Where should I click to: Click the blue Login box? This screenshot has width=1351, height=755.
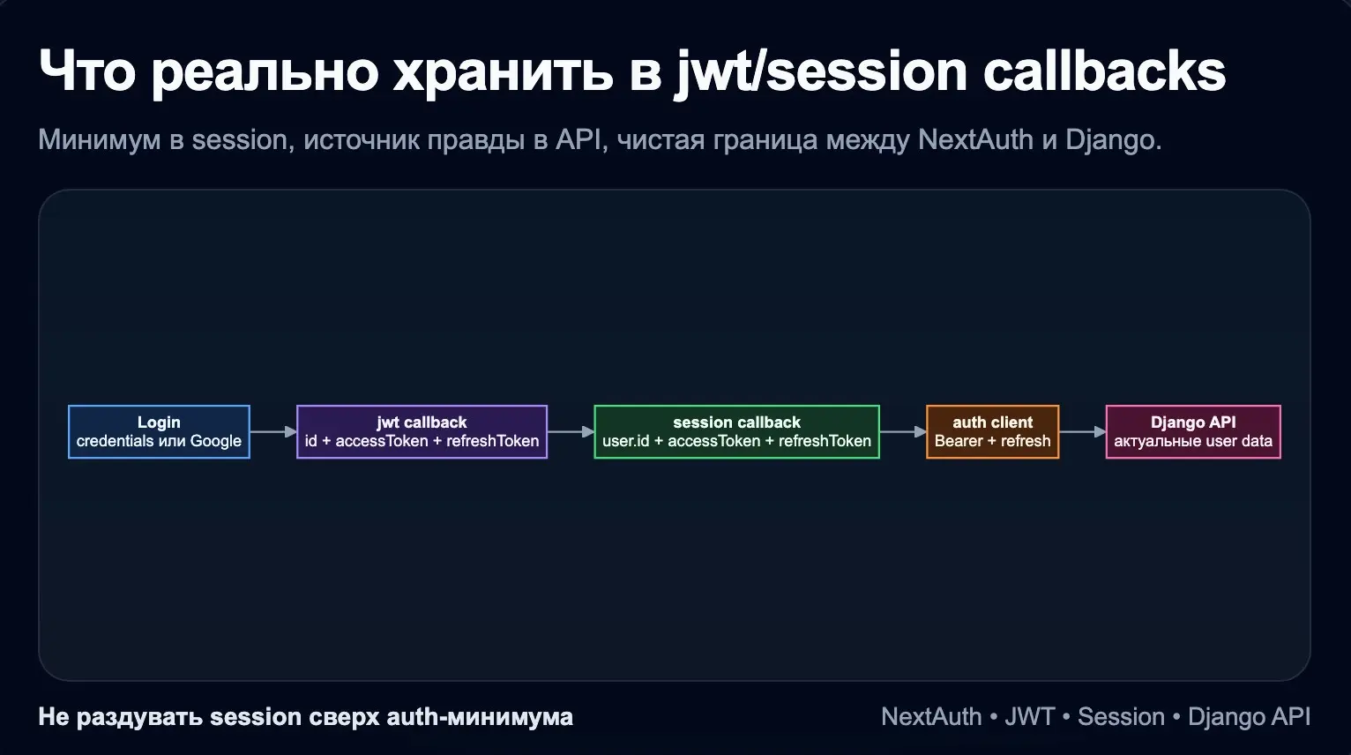click(x=159, y=431)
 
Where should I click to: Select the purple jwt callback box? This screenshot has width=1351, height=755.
click(x=422, y=431)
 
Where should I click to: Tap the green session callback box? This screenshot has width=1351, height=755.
click(x=736, y=431)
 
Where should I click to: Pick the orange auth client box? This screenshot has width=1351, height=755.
click(x=992, y=431)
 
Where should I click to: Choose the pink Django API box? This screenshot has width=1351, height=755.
click(x=1192, y=431)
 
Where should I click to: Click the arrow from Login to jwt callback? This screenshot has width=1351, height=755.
click(x=273, y=431)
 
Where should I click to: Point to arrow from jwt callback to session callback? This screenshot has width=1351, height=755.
click(x=571, y=431)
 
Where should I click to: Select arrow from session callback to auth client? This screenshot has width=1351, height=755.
click(x=903, y=431)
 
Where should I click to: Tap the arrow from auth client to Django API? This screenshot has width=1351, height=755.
click(x=1082, y=431)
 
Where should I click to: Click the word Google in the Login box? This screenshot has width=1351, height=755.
click(x=215, y=441)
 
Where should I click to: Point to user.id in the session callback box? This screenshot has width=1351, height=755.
click(x=625, y=441)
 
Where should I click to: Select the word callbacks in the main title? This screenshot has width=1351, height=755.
click(x=1104, y=71)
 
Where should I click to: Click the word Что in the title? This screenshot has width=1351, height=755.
click(x=87, y=71)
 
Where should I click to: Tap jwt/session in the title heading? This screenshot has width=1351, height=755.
click(x=820, y=71)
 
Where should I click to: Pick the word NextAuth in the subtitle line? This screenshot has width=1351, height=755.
click(x=974, y=140)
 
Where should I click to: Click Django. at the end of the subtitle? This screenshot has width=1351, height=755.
click(x=1113, y=140)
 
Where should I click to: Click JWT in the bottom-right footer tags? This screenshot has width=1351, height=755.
click(x=1029, y=717)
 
